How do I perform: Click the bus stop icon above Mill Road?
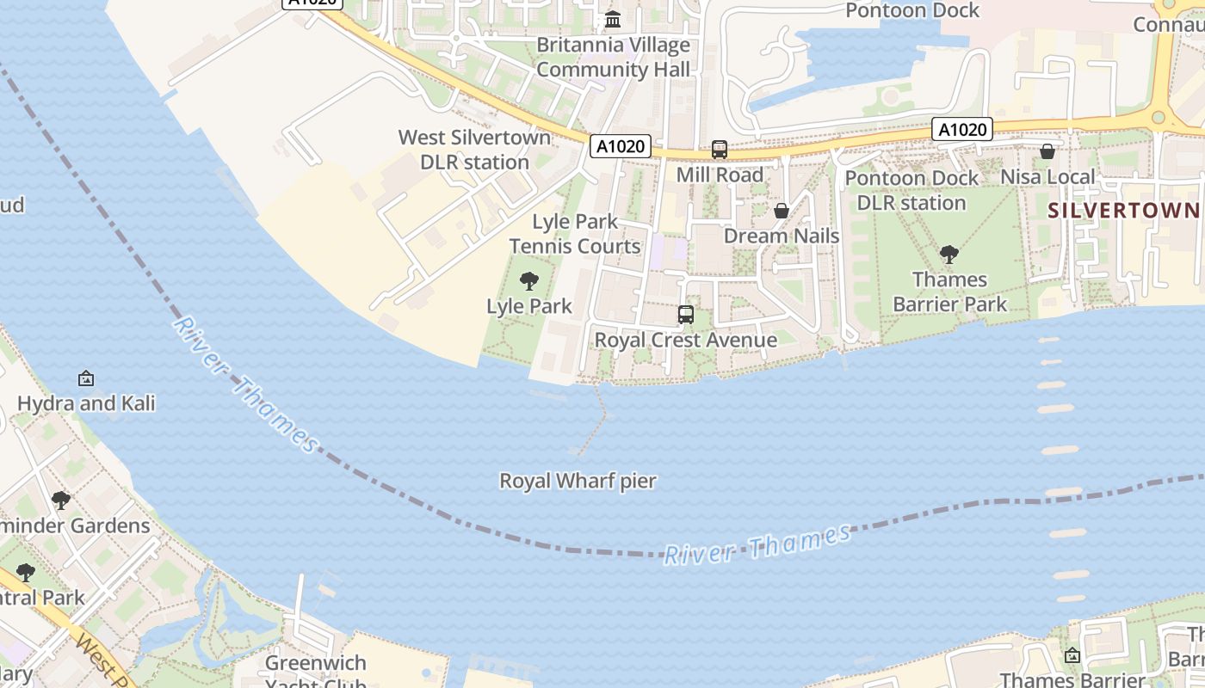720,150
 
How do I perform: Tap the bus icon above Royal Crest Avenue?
685,315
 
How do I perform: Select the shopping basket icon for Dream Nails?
782,211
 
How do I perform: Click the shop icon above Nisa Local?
1047,152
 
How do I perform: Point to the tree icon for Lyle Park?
529,280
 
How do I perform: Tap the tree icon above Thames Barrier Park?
949,255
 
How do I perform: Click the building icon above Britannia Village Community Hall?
613,19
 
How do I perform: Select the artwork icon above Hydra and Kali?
86,378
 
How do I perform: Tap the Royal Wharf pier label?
578,481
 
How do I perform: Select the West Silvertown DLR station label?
474,150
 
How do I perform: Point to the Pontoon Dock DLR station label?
911,190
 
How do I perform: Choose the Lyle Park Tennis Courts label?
575,234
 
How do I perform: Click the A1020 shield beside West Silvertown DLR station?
620,146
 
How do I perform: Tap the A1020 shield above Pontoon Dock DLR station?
962,130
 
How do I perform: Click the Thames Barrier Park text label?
949,292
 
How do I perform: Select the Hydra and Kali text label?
86,402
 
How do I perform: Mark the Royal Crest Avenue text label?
685,340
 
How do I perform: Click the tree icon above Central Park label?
26,572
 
